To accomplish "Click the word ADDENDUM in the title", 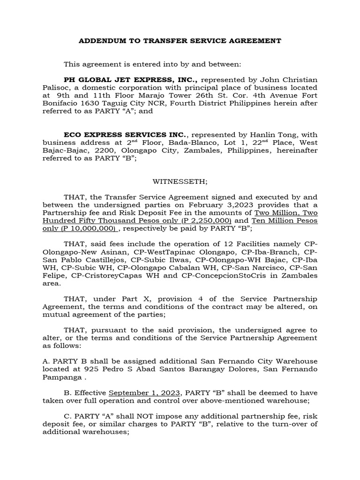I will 98,41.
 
